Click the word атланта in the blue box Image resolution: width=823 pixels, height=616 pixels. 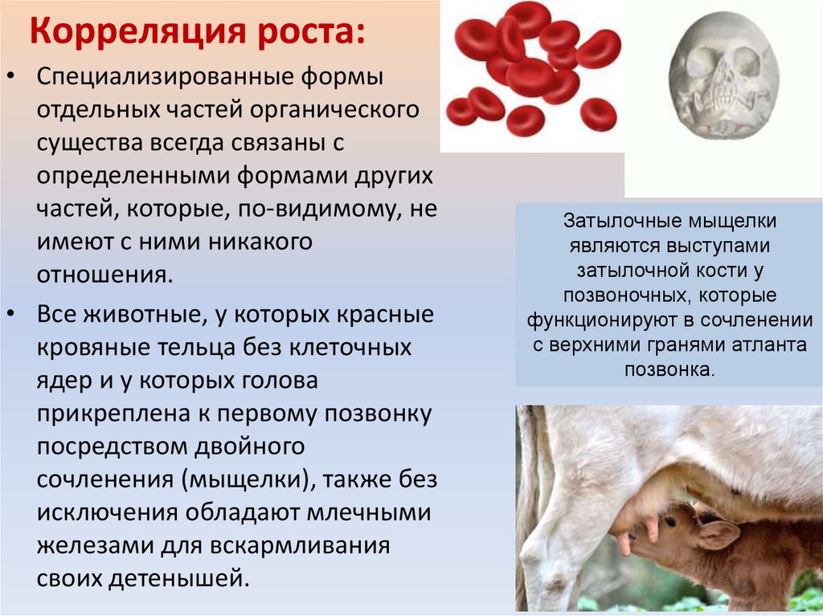pyautogui.click(x=775, y=346)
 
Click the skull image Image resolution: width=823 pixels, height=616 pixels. pyautogui.click(x=723, y=81)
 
